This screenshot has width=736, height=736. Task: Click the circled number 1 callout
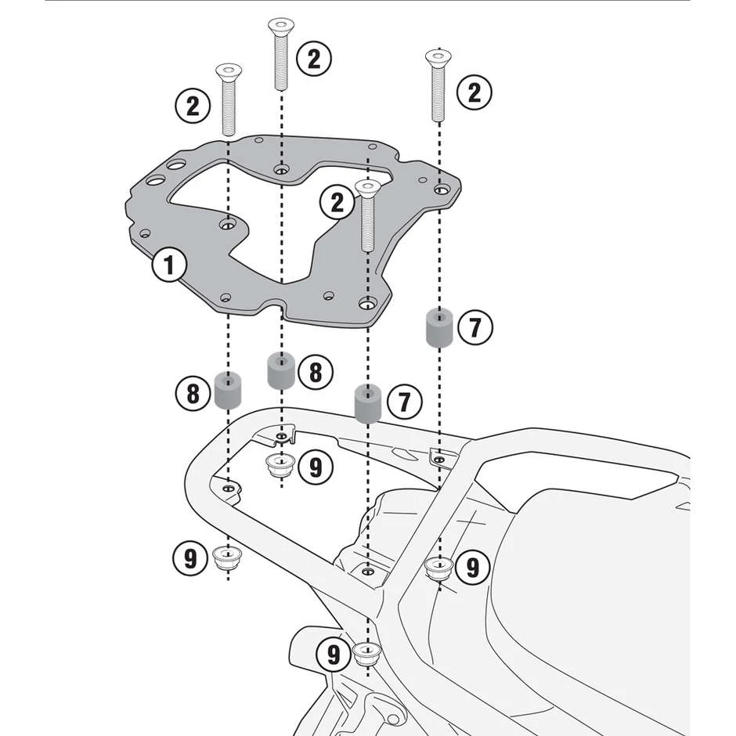[168, 265]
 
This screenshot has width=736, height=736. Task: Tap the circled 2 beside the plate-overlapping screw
[337, 203]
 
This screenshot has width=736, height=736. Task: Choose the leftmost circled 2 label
[193, 106]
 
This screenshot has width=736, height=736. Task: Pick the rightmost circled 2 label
[474, 94]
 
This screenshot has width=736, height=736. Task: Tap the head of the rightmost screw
[438, 57]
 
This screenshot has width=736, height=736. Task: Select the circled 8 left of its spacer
[193, 392]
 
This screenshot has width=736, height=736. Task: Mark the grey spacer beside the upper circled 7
[438, 327]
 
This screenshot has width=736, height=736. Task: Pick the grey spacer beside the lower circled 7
[367, 402]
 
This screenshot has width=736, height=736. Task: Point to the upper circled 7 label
[475, 327]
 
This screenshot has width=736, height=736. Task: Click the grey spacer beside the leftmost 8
[228, 391]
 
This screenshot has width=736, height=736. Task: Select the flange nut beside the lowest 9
[366, 652]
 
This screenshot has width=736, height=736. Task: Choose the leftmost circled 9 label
[190, 559]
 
